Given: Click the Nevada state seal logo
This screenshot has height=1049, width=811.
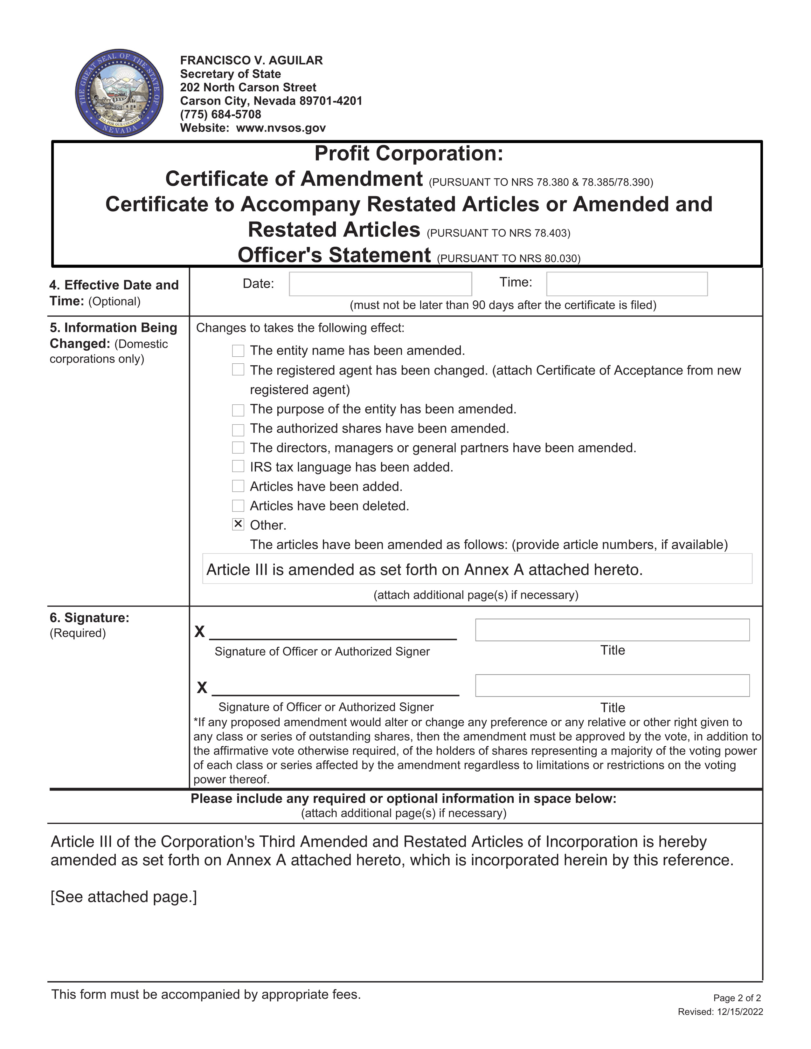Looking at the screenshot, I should (x=119, y=93).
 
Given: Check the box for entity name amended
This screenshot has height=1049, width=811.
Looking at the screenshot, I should (x=238, y=351).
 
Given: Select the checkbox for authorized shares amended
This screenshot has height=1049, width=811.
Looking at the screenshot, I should (x=238, y=429).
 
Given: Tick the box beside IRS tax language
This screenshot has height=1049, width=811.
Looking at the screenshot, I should (x=238, y=466).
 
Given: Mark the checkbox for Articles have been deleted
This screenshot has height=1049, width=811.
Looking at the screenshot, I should (x=238, y=506).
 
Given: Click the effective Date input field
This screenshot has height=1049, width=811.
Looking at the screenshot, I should (x=380, y=284).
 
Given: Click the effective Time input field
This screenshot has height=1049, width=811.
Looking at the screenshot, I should (x=627, y=284).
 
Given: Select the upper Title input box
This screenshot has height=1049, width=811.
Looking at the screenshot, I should (x=612, y=630).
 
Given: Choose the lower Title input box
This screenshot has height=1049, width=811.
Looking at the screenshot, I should (x=612, y=685).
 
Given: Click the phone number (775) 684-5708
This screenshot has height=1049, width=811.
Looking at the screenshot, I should (x=220, y=114).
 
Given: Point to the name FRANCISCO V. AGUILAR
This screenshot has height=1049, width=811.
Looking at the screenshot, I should (x=251, y=60).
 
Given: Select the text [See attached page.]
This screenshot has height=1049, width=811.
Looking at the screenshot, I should (x=123, y=897).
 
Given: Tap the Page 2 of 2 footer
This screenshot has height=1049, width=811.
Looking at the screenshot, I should (x=737, y=998).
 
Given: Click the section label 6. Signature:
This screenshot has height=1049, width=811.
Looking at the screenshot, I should (x=89, y=618).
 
